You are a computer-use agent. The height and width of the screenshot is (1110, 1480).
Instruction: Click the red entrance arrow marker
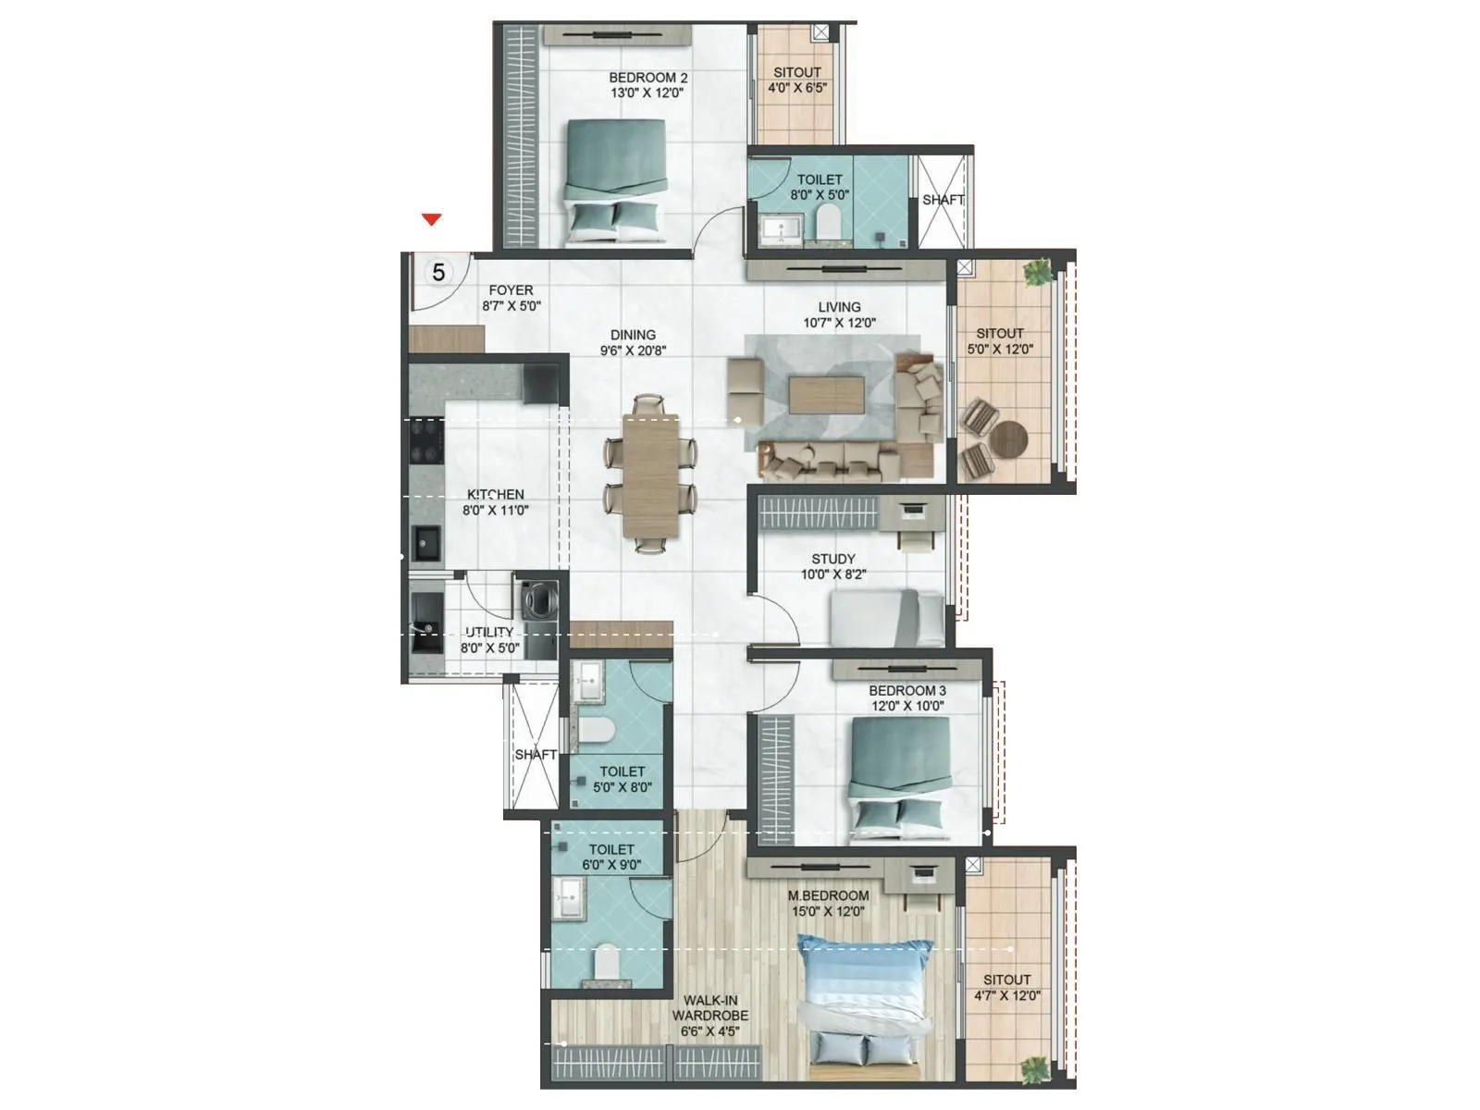[431, 219]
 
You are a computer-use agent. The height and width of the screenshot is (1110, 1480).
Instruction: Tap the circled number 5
[438, 272]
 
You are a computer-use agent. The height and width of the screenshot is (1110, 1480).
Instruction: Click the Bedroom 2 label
[647, 78]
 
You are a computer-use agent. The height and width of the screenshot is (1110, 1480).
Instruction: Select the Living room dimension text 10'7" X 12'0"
[839, 323]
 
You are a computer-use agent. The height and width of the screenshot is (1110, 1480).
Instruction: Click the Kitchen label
[495, 495]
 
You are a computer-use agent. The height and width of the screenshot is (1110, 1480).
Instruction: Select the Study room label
[832, 559]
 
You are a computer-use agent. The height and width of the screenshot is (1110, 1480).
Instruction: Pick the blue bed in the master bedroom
[865, 994]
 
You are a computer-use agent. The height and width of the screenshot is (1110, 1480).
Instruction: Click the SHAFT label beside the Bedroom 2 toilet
[943, 199]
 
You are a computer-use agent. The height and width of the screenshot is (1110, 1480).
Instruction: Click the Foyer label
[511, 290]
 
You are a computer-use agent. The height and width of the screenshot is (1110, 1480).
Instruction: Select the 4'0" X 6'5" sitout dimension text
[796, 88]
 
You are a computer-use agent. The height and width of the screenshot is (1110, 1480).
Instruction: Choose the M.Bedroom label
[828, 895]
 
